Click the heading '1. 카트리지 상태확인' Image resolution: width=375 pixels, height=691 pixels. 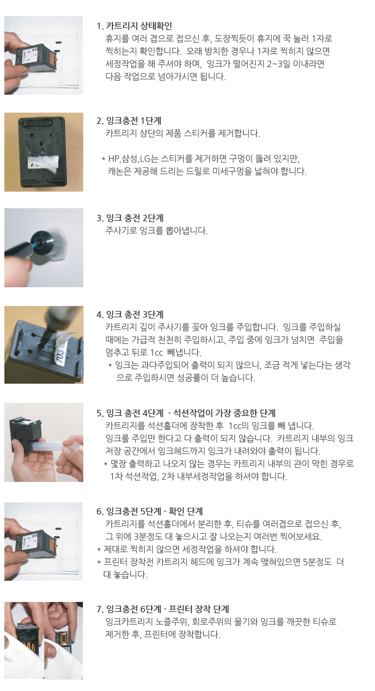(x=134, y=26)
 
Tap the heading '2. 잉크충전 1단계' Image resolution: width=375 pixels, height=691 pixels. (x=129, y=120)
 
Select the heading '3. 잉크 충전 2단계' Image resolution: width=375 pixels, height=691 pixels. (x=130, y=218)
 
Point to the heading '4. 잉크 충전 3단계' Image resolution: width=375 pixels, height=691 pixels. (x=130, y=314)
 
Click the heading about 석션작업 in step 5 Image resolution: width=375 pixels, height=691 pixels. (x=186, y=413)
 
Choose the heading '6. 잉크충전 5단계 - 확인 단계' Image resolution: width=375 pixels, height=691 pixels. (x=150, y=511)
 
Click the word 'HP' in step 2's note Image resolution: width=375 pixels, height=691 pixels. (x=113, y=159)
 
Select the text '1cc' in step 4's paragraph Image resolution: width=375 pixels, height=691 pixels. (x=157, y=352)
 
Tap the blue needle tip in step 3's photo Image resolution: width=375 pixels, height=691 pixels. (x=34, y=244)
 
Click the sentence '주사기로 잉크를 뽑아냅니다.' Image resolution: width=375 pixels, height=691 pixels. (x=157, y=230)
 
